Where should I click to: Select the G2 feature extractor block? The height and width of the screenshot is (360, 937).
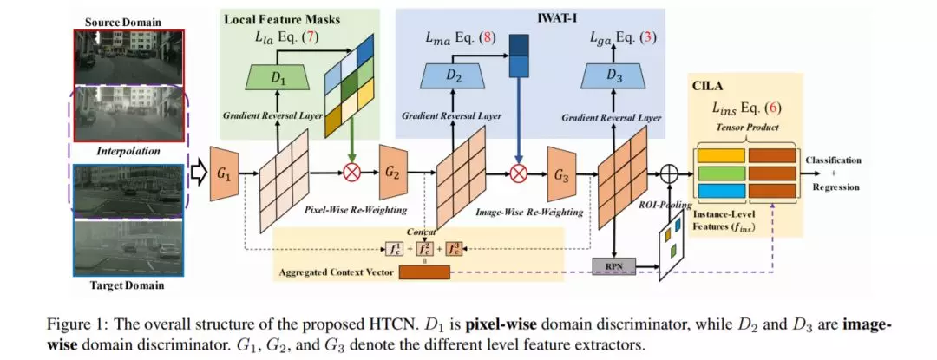[x=393, y=173]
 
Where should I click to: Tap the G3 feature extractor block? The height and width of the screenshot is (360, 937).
[x=561, y=175]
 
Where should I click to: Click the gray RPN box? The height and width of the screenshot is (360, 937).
[x=612, y=266]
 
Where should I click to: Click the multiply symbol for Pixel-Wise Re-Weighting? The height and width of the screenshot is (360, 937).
[x=352, y=173]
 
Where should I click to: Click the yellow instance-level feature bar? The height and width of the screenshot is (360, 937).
[x=719, y=155]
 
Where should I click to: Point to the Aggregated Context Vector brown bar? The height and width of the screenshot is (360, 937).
[x=423, y=272]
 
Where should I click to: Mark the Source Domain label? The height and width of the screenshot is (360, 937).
[x=123, y=22]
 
